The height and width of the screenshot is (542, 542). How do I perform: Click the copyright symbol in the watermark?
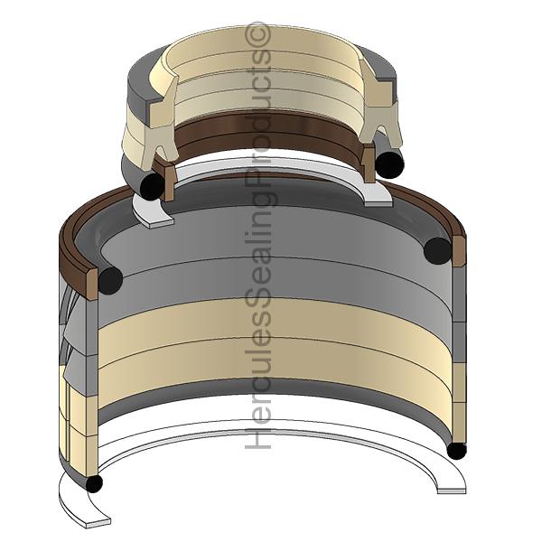pos(257,34)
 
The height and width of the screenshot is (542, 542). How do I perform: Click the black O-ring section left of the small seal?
pos(152,186)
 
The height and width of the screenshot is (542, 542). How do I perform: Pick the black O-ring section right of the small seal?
pos(389,165)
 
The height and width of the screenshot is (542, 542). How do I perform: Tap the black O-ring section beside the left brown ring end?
pos(110,280)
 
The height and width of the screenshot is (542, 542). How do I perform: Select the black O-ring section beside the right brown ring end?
pos(437,250)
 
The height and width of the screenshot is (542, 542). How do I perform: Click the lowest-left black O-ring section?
pos(94,483)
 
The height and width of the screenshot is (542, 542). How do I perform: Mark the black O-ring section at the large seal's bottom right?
pos(456,451)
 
